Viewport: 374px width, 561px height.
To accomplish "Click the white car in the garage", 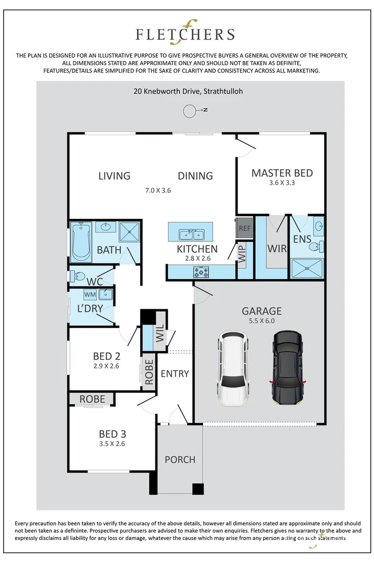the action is pyautogui.click(x=232, y=368).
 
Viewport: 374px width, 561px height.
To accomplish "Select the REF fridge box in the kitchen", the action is pyautogui.click(x=245, y=228).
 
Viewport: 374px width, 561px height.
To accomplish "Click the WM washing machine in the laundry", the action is pyautogui.click(x=90, y=294).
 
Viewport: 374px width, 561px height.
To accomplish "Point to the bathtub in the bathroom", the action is pyautogui.click(x=81, y=241).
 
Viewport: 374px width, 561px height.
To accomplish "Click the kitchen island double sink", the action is pyautogui.click(x=191, y=234).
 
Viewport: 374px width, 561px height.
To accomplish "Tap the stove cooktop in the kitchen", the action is pyautogui.click(x=201, y=272).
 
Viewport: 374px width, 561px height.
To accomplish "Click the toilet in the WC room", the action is pyautogui.click(x=77, y=276).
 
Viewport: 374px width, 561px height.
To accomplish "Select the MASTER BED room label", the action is pyautogui.click(x=282, y=173).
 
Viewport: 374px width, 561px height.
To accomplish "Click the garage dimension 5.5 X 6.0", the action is pyautogui.click(x=262, y=321).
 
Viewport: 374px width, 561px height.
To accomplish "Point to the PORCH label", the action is pyautogui.click(x=180, y=460).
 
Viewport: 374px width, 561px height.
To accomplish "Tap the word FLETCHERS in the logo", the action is pyautogui.click(x=185, y=35).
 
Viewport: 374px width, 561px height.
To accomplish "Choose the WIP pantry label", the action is pyautogui.click(x=242, y=253).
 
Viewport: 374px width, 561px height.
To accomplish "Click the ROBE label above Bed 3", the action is pyautogui.click(x=92, y=399).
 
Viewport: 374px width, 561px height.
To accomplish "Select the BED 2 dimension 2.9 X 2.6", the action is pyautogui.click(x=106, y=366).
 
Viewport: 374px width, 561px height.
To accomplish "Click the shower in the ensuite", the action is pyautogui.click(x=307, y=268).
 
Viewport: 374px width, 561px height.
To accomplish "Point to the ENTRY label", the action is pyautogui.click(x=175, y=373).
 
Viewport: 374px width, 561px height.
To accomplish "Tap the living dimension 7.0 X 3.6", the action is pyautogui.click(x=158, y=190).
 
